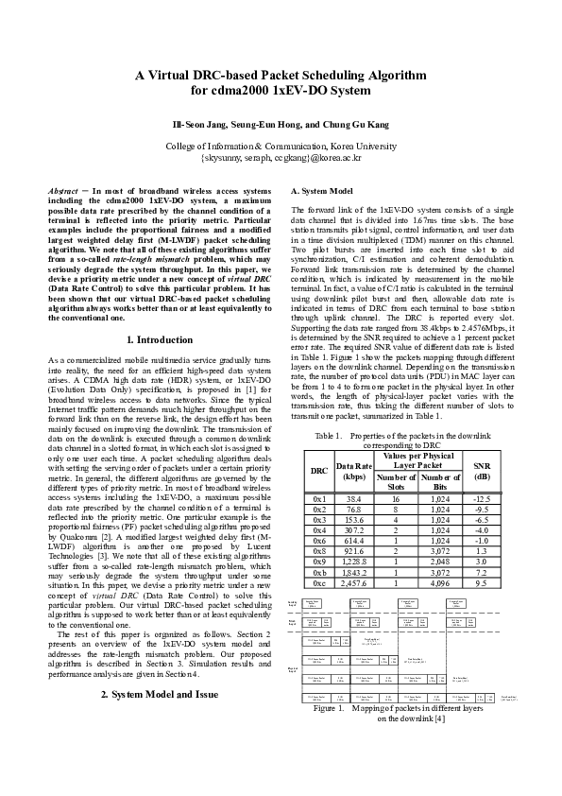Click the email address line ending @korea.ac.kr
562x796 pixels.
pyautogui.click(x=281, y=159)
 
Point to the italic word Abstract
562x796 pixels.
pyautogui.click(x=63, y=190)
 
